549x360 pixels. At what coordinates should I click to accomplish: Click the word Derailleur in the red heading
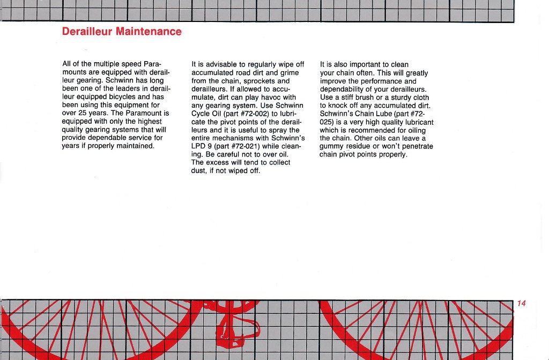pyautogui.click(x=87, y=32)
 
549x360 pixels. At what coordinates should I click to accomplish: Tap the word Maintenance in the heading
pyautogui.click(x=149, y=32)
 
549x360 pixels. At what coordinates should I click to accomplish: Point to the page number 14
pyautogui.click(x=522, y=304)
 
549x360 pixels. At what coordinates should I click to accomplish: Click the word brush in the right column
pyautogui.click(x=370, y=97)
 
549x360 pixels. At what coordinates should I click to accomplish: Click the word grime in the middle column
pyautogui.click(x=289, y=73)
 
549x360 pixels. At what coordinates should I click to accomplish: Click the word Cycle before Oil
pyautogui.click(x=202, y=114)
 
